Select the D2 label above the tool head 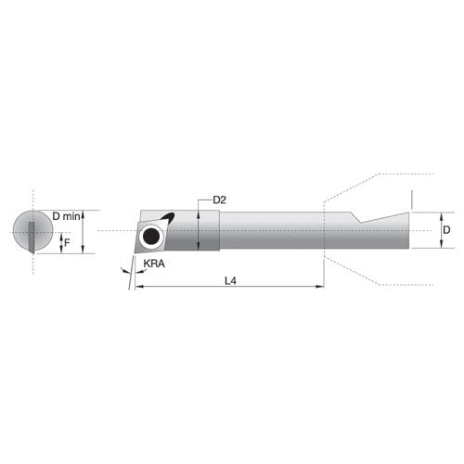pyautogui.click(x=220, y=200)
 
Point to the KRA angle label pyautogui.click(x=155, y=265)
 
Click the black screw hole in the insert pyautogui.click(x=150, y=237)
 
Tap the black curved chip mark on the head pyautogui.click(x=167, y=218)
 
